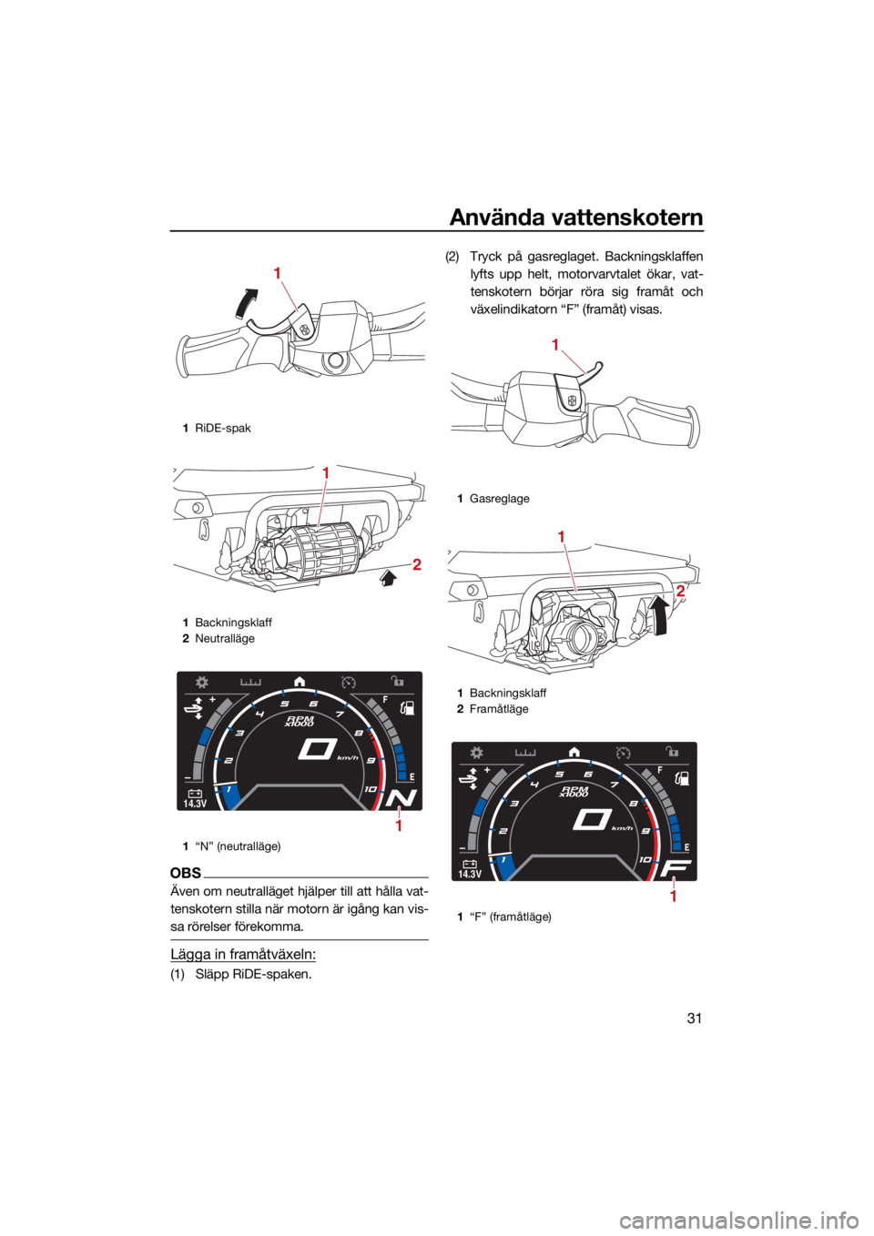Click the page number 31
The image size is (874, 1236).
(x=694, y=1033)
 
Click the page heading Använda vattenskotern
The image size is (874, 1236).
(x=576, y=218)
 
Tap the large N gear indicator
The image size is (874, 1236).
(x=404, y=798)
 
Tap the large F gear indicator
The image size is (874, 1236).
(x=678, y=868)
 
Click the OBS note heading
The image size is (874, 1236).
(x=186, y=873)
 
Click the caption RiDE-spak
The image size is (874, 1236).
(x=223, y=428)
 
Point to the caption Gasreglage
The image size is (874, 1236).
(x=499, y=498)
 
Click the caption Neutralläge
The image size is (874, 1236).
(x=225, y=638)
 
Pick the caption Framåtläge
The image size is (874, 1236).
(x=499, y=708)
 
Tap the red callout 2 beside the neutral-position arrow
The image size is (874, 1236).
(x=417, y=564)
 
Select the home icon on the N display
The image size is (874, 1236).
(x=300, y=682)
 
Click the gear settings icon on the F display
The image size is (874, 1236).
(x=476, y=753)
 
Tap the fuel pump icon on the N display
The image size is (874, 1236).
(x=407, y=707)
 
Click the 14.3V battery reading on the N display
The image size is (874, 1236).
(x=196, y=798)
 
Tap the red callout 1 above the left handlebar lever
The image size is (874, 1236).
(x=278, y=273)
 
